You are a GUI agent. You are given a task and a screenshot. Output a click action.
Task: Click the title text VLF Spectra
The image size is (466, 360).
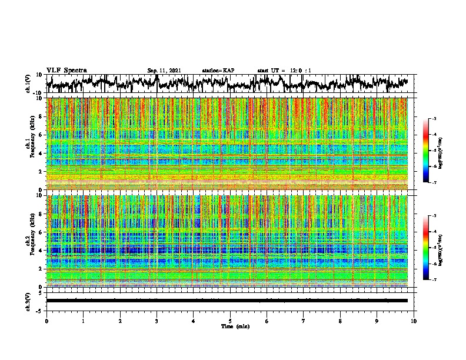66,70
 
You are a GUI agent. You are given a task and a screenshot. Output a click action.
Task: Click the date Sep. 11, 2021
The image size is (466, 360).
164,71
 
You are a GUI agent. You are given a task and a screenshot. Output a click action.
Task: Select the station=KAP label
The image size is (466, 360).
218,71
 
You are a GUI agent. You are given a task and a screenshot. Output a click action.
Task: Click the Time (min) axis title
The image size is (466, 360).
230,326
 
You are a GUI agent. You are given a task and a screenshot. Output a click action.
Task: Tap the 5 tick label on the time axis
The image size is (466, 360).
230,321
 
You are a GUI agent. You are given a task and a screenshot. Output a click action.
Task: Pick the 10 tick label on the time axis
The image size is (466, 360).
414,321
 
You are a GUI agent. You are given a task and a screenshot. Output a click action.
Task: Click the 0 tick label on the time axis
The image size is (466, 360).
46,321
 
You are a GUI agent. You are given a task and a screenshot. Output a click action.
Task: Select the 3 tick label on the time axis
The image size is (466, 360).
157,321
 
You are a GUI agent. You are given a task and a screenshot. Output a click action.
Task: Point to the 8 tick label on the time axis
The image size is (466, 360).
340,321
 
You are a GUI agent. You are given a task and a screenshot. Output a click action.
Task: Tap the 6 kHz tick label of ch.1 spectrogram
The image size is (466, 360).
41,135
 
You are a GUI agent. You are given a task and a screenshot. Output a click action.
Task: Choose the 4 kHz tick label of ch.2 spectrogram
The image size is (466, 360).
41,250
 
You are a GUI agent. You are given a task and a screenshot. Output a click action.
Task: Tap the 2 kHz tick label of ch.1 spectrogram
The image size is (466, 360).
41,171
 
